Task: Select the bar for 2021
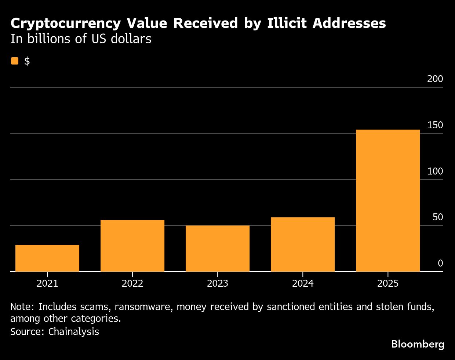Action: [x=47, y=258]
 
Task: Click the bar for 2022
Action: [x=132, y=246]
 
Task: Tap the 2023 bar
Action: [x=218, y=249]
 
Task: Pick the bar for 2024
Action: [x=303, y=245]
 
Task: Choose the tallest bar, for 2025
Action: [x=388, y=201]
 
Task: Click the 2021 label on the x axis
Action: [x=47, y=283]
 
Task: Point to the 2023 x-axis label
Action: [x=218, y=283]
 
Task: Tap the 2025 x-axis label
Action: [x=388, y=283]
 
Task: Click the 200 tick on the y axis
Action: [x=435, y=79]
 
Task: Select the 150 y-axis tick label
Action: [x=435, y=125]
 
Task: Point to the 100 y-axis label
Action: [x=435, y=172]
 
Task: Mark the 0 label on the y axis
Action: [x=440, y=264]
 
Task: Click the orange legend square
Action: [x=15, y=61]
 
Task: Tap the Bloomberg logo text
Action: [x=418, y=344]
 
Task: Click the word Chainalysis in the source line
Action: [x=73, y=332]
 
